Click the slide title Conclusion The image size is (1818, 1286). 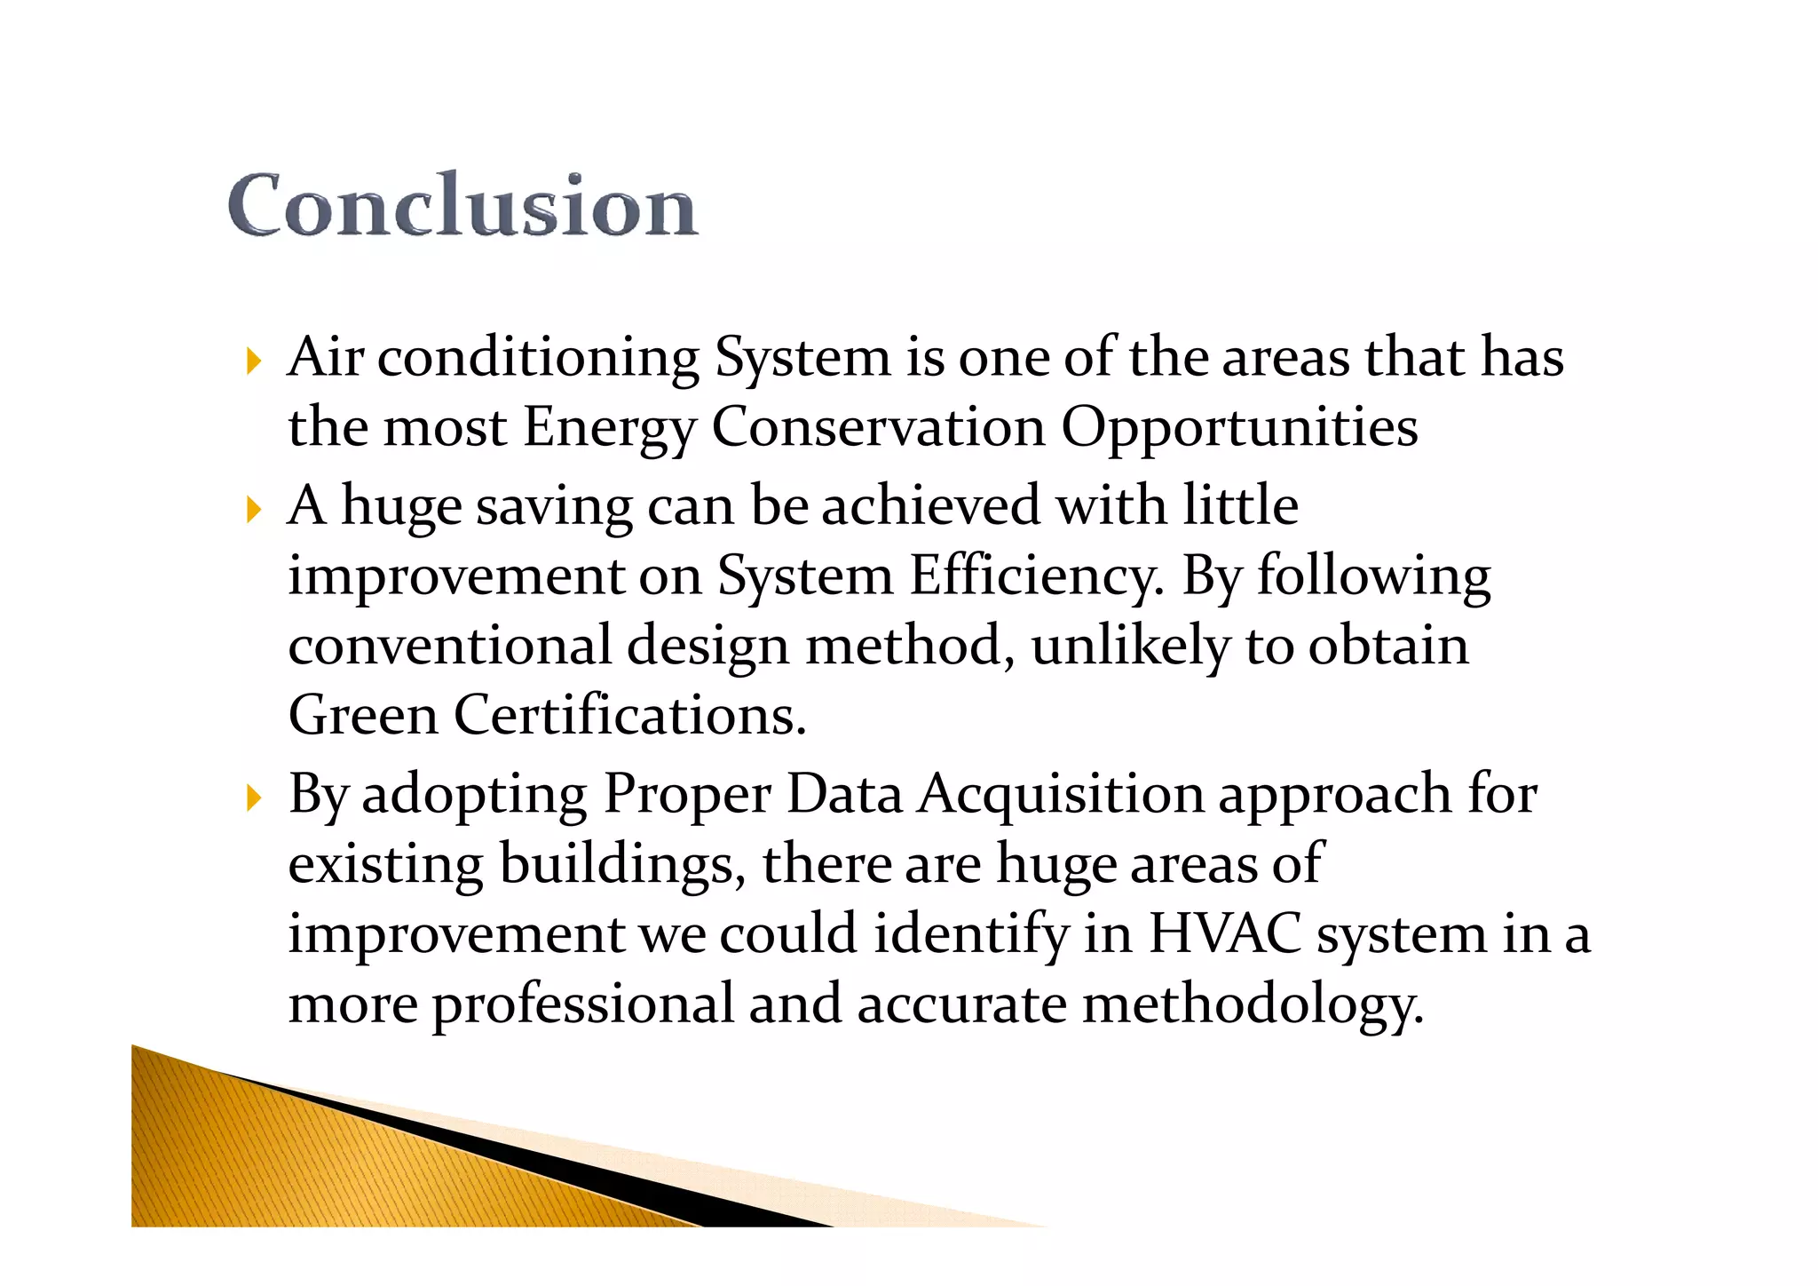pyautogui.click(x=462, y=206)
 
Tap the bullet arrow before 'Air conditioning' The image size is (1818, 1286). pyautogui.click(x=254, y=361)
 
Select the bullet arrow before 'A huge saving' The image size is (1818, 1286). pyautogui.click(x=254, y=510)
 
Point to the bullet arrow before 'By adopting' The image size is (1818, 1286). pyautogui.click(x=254, y=798)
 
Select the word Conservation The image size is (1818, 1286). pyautogui.click(x=879, y=427)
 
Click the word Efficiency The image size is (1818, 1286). pyautogui.click(x=1036, y=576)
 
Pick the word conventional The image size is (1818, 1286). pyautogui.click(x=450, y=646)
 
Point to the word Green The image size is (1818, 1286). pyautogui.click(x=363, y=715)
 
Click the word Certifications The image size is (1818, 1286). pyautogui.click(x=630, y=715)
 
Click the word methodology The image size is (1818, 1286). pyautogui.click(x=1253, y=1005)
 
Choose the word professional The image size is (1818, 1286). pyautogui.click(x=583, y=1005)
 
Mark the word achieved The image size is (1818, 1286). pyautogui.click(x=930, y=506)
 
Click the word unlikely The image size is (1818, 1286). pyautogui.click(x=1130, y=646)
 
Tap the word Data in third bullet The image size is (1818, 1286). pyautogui.click(x=844, y=793)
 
